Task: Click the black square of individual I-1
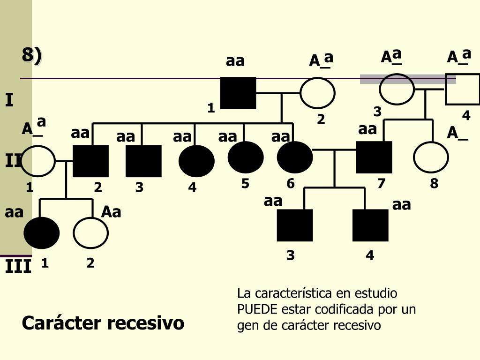[x=238, y=93]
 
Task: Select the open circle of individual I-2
[x=317, y=93]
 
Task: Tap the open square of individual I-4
[x=462, y=89]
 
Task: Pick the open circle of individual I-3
[x=397, y=89]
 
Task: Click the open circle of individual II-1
[x=38, y=161]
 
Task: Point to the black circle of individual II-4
[x=196, y=161]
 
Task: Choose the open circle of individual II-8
[x=431, y=157]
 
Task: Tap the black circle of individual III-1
[x=42, y=233]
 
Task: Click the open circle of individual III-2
[x=90, y=233]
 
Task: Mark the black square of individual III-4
[x=370, y=225]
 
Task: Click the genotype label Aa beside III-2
[x=111, y=212]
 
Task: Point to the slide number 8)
[x=31, y=55]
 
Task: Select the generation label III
[x=18, y=267]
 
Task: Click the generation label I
[x=9, y=100]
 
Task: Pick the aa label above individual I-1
[x=235, y=61]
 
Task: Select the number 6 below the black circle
[x=291, y=184]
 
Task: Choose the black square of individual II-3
[x=143, y=161]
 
